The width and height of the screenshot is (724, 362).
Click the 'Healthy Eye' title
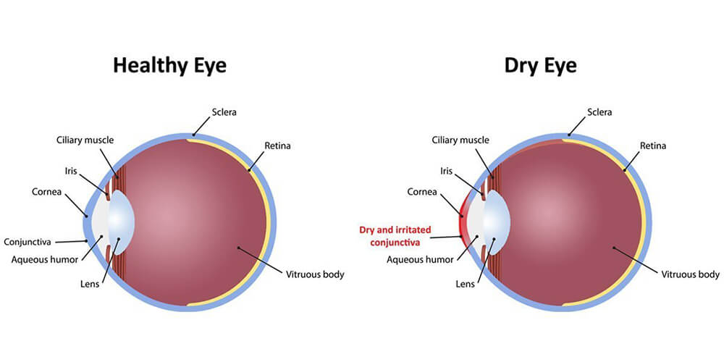[169, 65]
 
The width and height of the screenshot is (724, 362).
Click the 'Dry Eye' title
[541, 65]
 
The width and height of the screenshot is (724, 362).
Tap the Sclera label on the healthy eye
[224, 112]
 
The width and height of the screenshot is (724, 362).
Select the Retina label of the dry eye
[652, 146]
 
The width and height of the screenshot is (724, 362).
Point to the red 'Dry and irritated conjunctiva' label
[395, 236]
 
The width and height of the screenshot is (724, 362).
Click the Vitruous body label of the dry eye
[691, 274]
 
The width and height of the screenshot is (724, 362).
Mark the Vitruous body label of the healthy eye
[315, 274]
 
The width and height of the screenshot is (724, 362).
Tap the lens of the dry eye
[497, 217]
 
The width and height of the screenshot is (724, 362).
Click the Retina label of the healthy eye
[277, 146]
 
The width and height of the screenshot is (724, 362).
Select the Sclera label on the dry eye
[599, 112]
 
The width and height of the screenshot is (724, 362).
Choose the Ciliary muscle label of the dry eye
[460, 139]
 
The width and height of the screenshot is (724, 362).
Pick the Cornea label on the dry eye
[422, 192]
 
